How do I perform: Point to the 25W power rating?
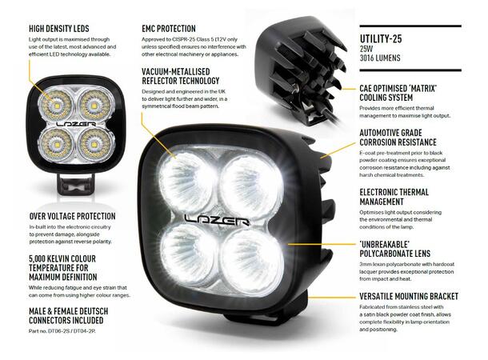pos(366,50)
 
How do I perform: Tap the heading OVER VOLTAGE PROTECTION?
pos(73,216)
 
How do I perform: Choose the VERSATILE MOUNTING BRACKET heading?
pos(409,296)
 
